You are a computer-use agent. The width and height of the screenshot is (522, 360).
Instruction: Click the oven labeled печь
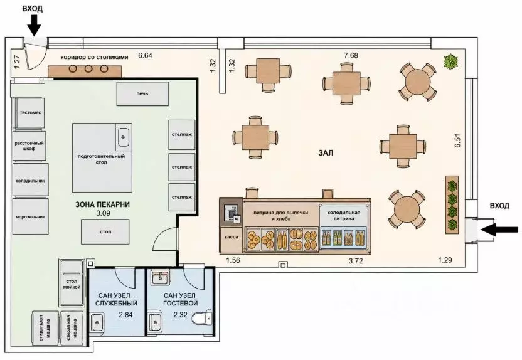[142, 94]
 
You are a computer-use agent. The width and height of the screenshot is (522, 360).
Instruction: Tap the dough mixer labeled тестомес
[30, 113]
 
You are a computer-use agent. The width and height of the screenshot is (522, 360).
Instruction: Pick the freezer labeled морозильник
[31, 216]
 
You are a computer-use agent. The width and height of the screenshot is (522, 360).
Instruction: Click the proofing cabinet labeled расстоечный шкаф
[29, 146]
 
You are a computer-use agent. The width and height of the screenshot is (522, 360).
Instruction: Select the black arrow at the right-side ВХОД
[499, 230]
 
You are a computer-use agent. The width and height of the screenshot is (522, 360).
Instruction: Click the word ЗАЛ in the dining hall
[326, 153]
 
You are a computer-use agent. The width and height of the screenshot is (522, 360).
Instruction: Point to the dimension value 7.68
[351, 55]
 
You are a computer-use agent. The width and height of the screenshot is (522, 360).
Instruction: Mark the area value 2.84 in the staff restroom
[126, 315]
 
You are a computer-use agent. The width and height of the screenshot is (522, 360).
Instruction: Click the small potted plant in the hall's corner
[450, 62]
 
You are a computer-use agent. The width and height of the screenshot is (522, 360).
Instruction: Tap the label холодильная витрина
[344, 215]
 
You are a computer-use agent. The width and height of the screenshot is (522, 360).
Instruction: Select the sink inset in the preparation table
[123, 137]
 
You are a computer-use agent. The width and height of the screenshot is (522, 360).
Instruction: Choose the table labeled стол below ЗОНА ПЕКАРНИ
[105, 232]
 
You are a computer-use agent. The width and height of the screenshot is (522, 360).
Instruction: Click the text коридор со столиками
[94, 57]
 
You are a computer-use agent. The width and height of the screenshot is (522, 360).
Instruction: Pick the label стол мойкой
[72, 284]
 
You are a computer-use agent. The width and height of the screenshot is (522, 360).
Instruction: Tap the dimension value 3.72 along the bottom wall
[356, 261]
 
